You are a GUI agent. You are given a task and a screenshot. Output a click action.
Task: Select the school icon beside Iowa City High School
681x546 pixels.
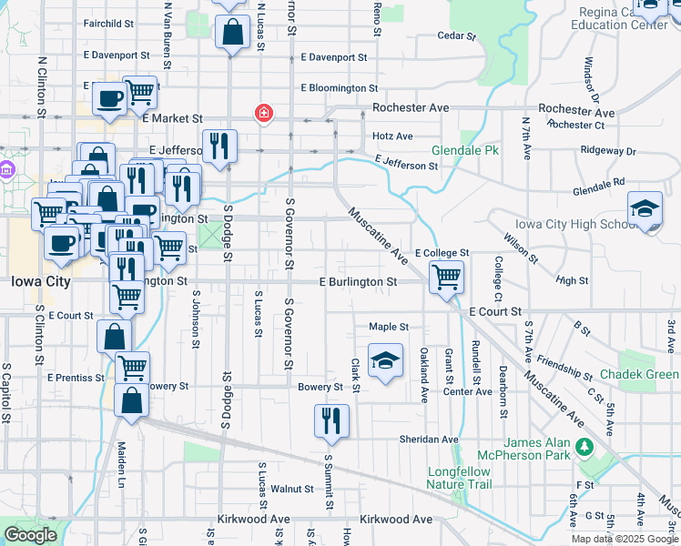pos(645,210)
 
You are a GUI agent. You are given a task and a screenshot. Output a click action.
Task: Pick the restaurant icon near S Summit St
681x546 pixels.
pos(330,420)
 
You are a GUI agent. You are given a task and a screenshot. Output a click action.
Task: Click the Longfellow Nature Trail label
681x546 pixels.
pos(459,478)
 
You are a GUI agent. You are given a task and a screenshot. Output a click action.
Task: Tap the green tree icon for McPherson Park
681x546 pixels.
pos(583,447)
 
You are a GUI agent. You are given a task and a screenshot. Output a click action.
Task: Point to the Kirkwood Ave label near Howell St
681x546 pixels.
pos(395,519)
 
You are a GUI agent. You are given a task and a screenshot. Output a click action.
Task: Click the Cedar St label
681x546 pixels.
pos(457,36)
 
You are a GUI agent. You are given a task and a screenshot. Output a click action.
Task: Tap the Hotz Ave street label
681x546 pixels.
pos(392,136)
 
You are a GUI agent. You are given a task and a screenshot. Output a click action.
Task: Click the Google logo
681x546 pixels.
pos(30,535)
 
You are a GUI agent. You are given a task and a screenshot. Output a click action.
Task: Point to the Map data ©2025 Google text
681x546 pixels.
pos(625,539)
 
